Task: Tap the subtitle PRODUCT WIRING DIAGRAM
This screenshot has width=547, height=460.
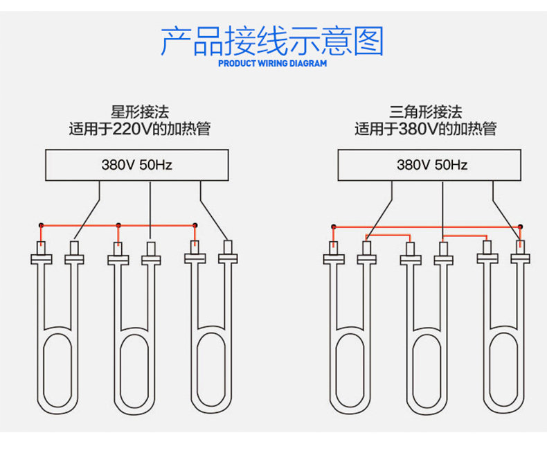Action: tap(272, 63)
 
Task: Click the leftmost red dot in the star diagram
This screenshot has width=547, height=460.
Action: tap(41, 225)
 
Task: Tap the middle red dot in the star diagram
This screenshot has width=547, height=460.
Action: tap(118, 225)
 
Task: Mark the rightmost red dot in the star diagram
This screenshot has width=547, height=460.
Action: tap(195, 225)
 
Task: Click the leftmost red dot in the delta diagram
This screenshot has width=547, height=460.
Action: tap(334, 227)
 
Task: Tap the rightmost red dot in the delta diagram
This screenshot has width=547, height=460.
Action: tap(521, 227)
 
